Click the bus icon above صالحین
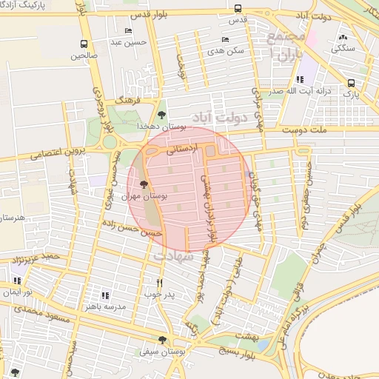coord(84,44)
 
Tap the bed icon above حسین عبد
coord(129,31)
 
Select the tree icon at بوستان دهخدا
coord(161,114)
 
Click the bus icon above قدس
coord(237,9)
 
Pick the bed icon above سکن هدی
coord(225,39)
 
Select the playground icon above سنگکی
coord(342,37)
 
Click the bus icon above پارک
coord(351,83)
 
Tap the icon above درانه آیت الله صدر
coord(299,79)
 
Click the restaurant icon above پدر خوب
coord(159,283)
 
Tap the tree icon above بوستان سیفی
coord(162,341)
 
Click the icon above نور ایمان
coord(16,281)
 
